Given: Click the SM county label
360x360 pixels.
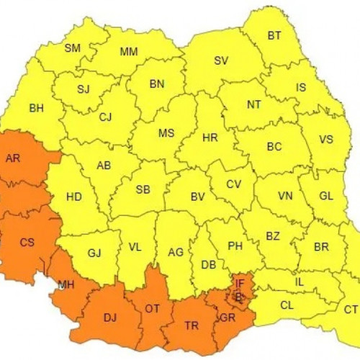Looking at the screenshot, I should click(x=73, y=48).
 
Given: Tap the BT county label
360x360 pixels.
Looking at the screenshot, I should click(x=274, y=35).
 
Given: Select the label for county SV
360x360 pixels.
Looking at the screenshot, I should click(x=221, y=60).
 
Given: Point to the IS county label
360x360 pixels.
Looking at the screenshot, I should click(x=301, y=87).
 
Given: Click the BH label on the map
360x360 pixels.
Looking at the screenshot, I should click(x=36, y=109).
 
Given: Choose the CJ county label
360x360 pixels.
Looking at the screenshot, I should click(x=106, y=117).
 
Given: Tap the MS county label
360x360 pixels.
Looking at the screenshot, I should click(x=166, y=133).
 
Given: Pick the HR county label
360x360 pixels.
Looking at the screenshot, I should click(x=210, y=137).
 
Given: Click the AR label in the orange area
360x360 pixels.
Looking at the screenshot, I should click(x=13, y=158).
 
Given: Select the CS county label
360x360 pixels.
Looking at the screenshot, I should click(x=27, y=242).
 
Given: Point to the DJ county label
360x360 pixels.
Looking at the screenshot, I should click(x=109, y=317).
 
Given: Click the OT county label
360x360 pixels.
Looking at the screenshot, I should click(x=153, y=308).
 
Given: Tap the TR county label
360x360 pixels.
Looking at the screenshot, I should click(x=192, y=325).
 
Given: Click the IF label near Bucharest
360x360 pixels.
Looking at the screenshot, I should click(x=240, y=284).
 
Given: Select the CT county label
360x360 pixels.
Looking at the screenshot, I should click(x=351, y=310).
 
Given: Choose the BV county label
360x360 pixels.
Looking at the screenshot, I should click(x=198, y=196).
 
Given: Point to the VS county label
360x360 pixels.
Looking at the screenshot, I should click(x=326, y=140).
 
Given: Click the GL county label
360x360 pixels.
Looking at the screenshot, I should click(x=326, y=196).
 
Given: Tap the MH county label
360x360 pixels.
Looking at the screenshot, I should click(x=66, y=285).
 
